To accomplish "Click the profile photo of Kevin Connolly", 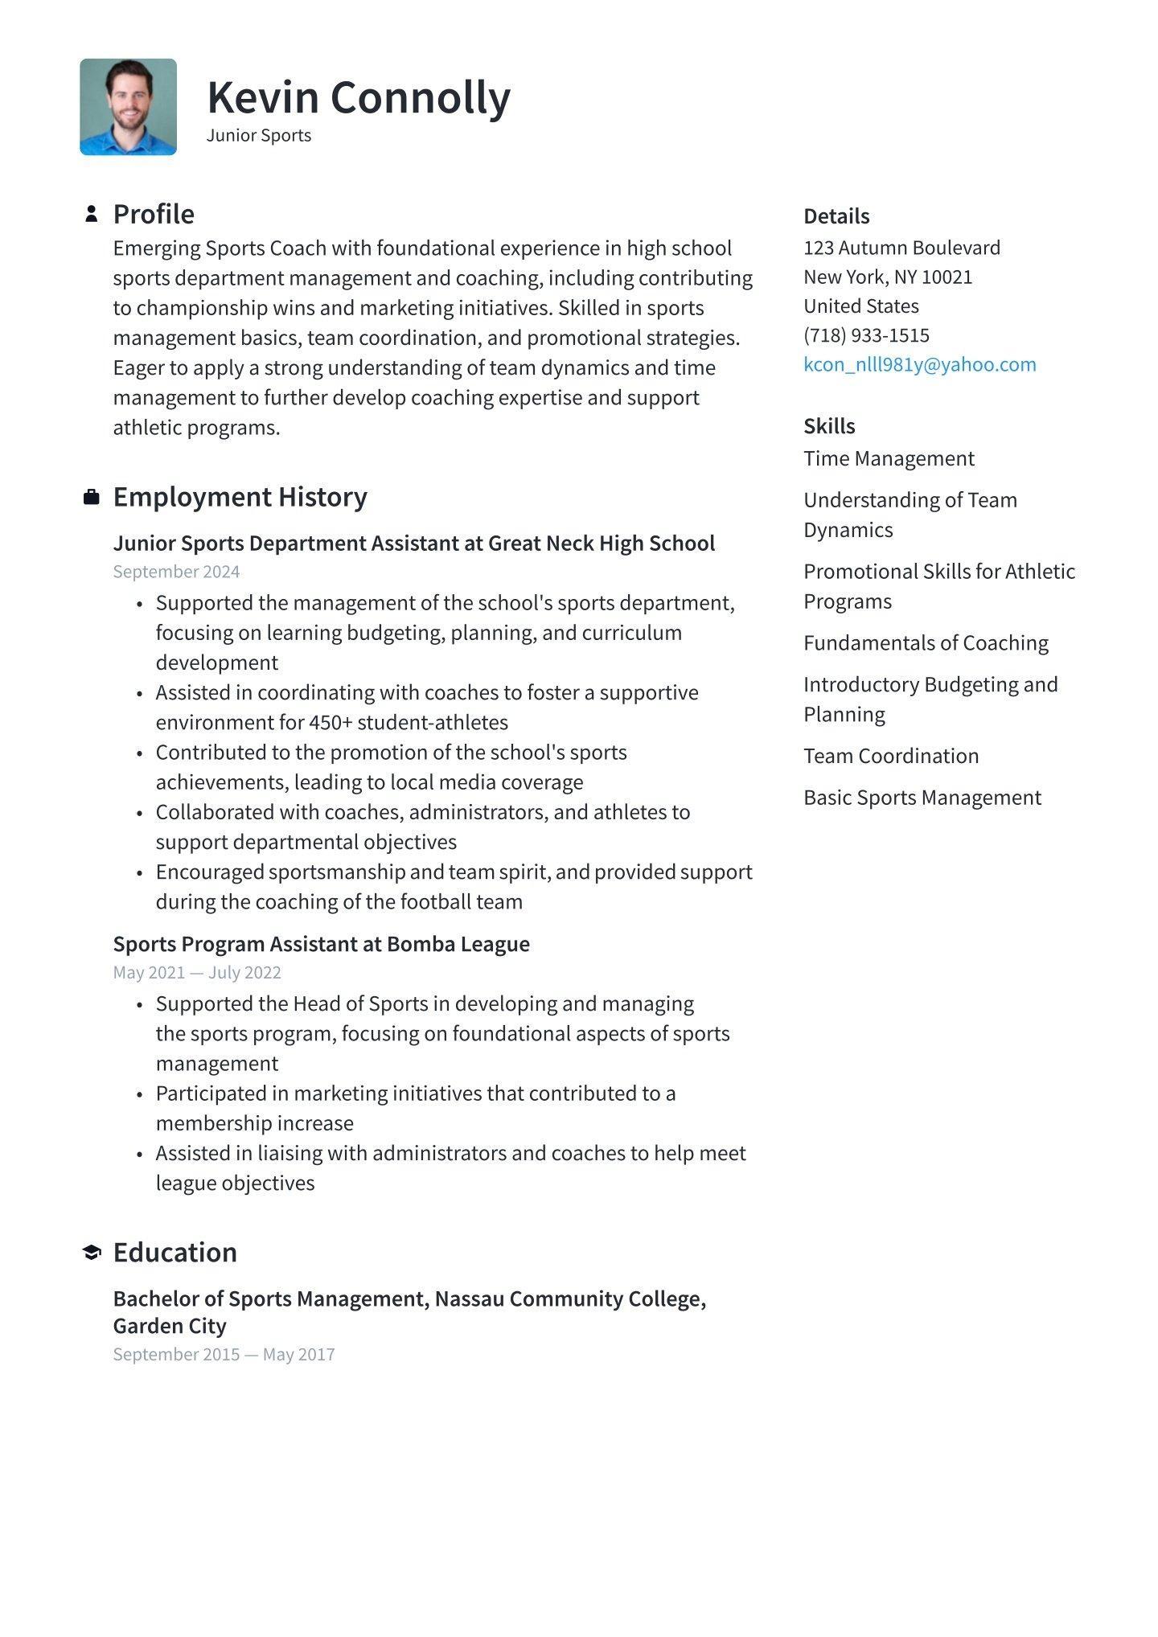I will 128,107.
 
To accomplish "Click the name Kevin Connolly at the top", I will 359,97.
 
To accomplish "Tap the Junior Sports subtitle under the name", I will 259,135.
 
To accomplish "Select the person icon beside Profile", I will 92,214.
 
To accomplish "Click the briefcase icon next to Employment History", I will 92,497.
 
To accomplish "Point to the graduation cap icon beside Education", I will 92,1252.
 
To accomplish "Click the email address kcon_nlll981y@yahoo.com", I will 919,364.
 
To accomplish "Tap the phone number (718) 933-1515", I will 866,335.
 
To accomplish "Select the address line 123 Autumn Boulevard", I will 901,248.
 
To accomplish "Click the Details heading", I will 836,216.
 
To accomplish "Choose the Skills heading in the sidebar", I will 829,426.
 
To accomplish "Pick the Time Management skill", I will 889,458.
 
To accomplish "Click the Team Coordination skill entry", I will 891,756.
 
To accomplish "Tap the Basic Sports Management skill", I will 922,798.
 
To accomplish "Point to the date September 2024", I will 176,572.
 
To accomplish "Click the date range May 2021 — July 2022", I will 197,973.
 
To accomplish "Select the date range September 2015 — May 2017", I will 224,1354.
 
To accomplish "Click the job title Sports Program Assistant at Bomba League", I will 321,944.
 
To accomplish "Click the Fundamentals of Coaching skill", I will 926,643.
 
